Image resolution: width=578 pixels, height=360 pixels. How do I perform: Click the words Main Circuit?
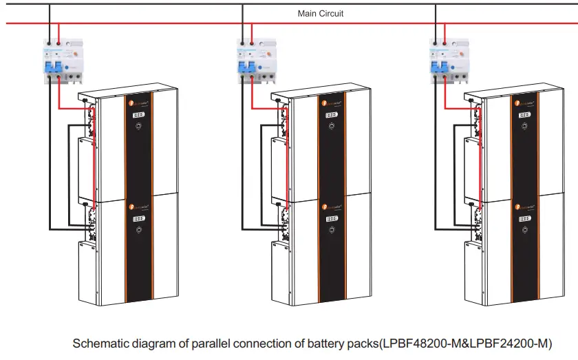click(x=320, y=13)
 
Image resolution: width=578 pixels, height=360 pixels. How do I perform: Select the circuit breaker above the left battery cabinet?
click(x=60, y=61)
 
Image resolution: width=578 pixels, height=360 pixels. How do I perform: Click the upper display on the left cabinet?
click(x=138, y=115)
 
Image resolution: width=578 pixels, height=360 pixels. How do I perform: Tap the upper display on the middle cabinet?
click(x=332, y=115)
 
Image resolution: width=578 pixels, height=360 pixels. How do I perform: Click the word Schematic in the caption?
click(x=97, y=343)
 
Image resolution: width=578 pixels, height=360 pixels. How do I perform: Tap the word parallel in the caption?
click(x=206, y=343)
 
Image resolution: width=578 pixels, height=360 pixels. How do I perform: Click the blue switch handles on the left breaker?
click(x=52, y=67)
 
